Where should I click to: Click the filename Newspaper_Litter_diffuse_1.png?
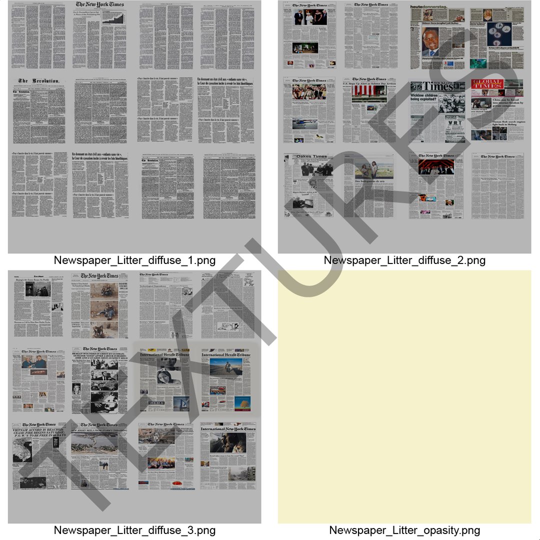134,260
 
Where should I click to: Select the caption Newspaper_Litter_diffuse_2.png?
404,260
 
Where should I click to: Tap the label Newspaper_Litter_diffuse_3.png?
134,530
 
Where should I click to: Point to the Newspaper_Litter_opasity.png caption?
404,530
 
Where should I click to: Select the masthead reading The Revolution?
39,81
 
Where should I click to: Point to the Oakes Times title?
311,156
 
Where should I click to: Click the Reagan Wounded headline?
99,356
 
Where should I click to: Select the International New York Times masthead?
228,429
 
